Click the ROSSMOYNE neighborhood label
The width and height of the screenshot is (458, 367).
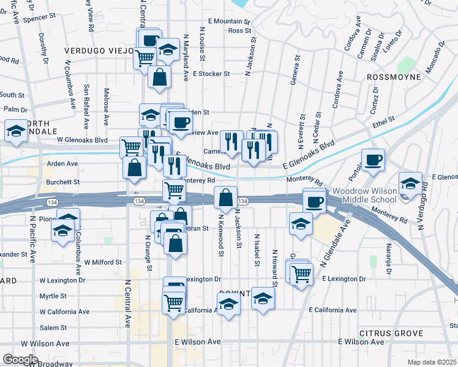(394, 77)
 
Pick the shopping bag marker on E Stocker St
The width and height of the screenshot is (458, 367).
(159, 78)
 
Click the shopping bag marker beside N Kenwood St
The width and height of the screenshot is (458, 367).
(225, 198)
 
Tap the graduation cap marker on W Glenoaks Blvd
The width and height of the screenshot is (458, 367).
(16, 131)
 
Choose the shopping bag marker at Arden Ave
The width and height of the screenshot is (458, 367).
(134, 167)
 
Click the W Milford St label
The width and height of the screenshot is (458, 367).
(104, 262)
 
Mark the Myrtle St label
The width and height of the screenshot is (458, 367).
(53, 296)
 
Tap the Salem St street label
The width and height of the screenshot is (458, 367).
(53, 328)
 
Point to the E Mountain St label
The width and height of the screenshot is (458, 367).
(229, 21)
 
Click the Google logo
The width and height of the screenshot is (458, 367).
(21, 359)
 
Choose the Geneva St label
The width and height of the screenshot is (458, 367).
(296, 71)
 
